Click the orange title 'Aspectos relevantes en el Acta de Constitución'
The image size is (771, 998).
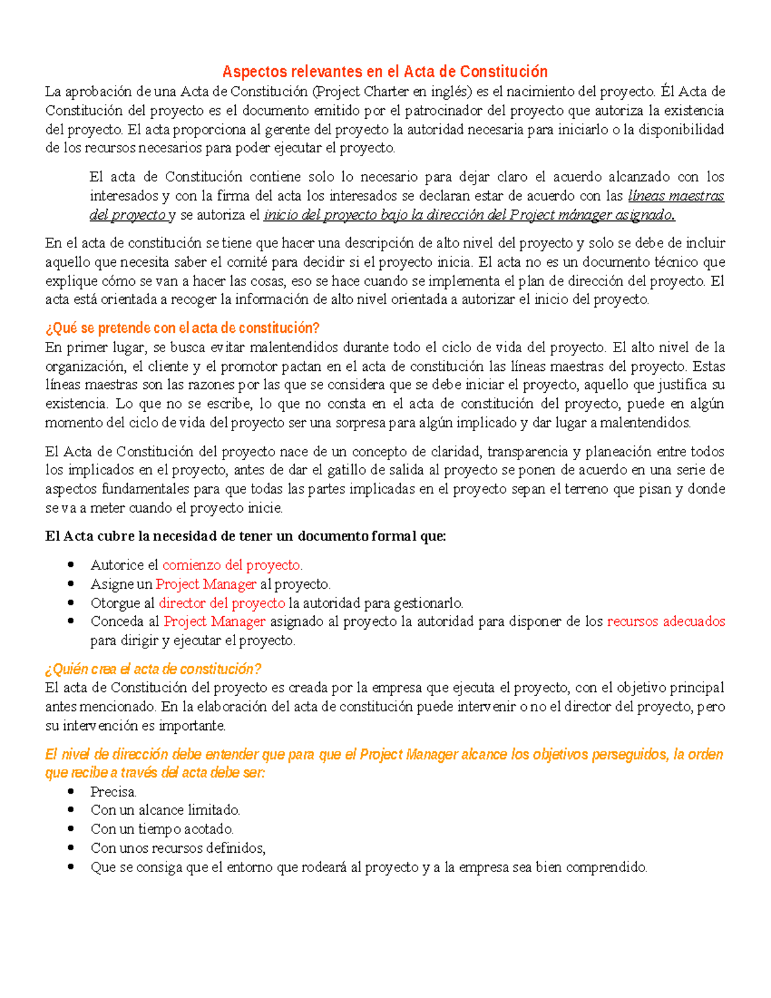(385, 71)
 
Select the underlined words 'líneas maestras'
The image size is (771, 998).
(676, 196)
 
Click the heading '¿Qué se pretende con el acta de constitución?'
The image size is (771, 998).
(182, 328)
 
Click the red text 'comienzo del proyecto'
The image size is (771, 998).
(231, 566)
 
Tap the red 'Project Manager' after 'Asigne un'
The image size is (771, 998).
(206, 584)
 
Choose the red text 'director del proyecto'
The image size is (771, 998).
(222, 603)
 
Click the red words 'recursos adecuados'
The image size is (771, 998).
(666, 621)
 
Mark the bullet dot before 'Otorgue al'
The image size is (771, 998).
(71, 603)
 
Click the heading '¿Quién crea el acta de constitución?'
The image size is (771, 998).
(153, 669)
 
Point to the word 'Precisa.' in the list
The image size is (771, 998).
(113, 792)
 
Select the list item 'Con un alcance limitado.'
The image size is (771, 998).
(165, 810)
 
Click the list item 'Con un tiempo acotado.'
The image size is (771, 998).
(162, 829)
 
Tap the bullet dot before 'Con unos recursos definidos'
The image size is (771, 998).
(71, 848)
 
